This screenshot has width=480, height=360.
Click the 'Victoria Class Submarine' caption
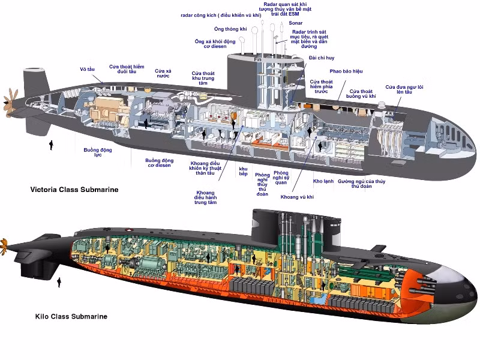[x=74, y=190]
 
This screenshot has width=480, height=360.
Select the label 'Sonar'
[x=295, y=23]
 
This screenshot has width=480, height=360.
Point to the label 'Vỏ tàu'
[x=88, y=69]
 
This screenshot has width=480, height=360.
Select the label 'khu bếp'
[x=243, y=170]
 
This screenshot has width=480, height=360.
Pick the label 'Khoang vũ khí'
[x=298, y=197]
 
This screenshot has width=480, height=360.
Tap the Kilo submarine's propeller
[x=4, y=245]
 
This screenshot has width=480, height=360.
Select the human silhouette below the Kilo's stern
[x=59, y=281]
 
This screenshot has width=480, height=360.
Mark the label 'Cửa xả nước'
[x=163, y=73]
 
